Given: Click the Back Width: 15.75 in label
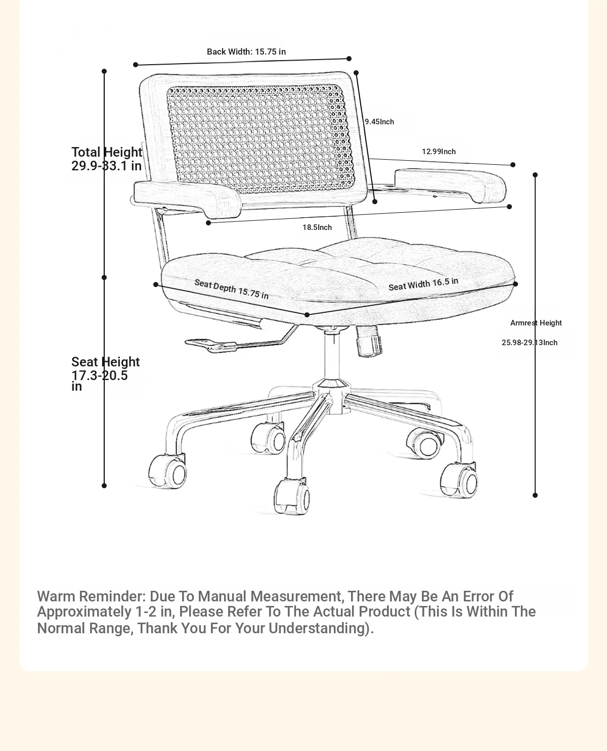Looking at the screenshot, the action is coord(246,52).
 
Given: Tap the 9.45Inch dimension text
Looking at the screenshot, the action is coord(379,122).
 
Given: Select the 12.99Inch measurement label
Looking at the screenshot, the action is coord(439,152).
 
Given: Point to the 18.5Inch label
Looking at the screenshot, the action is coord(317,227).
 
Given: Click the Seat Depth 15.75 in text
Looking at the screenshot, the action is coord(232,289).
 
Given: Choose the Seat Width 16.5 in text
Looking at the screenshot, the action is coord(423,284).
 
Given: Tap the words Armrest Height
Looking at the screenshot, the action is coord(536,323).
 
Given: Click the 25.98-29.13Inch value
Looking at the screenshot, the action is coord(530,343).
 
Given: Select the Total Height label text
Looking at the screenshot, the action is coord(107,152).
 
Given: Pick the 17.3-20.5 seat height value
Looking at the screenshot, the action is coord(100,375).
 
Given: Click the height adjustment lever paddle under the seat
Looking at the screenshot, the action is coord(211,345).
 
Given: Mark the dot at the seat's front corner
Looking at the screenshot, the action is coord(307,315).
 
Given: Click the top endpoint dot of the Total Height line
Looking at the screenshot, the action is coord(104,71).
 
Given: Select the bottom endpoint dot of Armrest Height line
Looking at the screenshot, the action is coord(535,495).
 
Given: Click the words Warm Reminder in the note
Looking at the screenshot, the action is coord(92,596).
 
